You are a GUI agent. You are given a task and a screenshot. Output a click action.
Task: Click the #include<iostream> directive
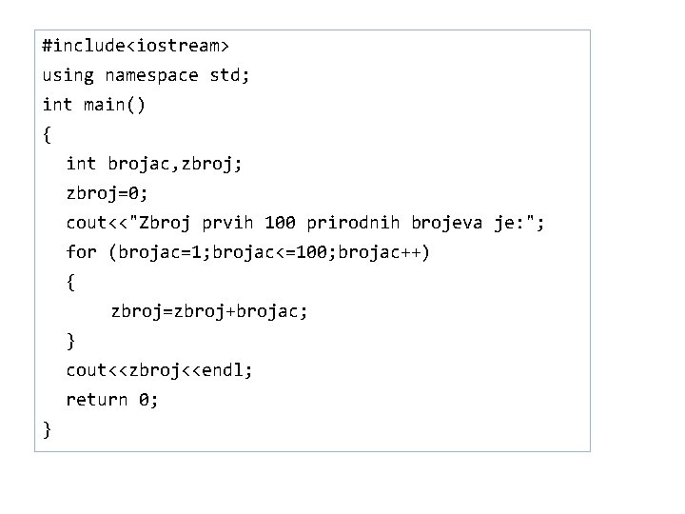pos(135,45)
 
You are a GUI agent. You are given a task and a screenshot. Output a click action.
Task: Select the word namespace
pos(152,74)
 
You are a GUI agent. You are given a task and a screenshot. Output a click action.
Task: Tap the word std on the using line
pos(228,74)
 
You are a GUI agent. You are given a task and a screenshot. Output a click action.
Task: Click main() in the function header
pos(114,104)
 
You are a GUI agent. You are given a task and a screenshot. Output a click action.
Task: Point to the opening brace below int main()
pos(47,134)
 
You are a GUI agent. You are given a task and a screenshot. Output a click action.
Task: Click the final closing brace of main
pos(47,430)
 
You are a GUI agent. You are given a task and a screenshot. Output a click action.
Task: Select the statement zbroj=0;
pos(107,193)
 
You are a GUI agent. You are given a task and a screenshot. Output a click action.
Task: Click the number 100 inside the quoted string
pos(281,223)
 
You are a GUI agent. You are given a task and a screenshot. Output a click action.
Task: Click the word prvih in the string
pos(228,223)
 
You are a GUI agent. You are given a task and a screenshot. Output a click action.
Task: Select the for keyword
pos(81,252)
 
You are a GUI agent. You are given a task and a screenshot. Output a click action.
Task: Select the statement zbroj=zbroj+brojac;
pos(209,311)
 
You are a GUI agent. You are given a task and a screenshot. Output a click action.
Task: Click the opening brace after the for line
pos(70,282)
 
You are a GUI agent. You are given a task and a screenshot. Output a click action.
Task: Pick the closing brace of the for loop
pos(70,341)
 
